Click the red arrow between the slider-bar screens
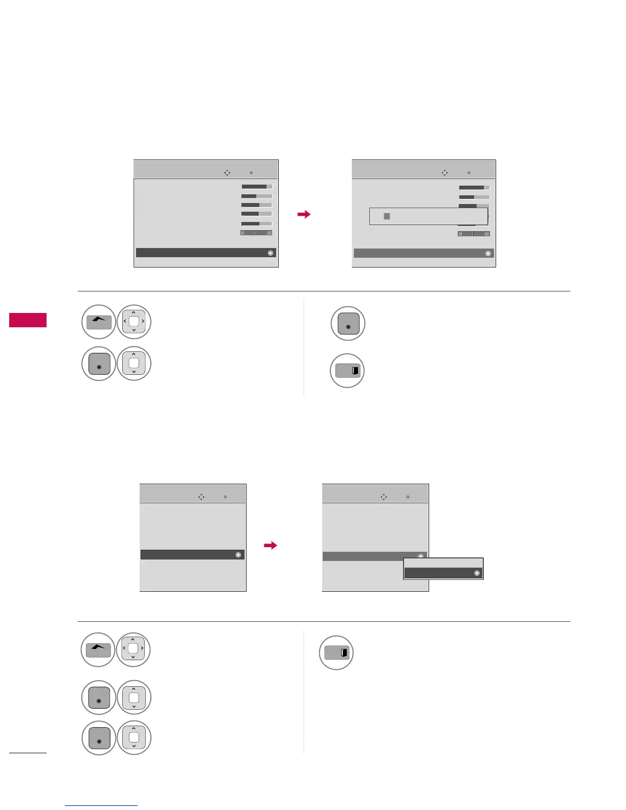(304, 215)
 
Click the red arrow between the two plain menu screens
(270, 546)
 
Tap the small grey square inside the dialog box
(387, 216)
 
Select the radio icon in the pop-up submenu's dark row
(477, 574)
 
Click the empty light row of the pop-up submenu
(443, 563)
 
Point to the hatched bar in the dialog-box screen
(474, 234)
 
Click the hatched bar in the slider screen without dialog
(256, 233)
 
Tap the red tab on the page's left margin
(28, 320)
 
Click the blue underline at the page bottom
(101, 806)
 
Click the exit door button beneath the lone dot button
(348, 371)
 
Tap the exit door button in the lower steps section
(337, 653)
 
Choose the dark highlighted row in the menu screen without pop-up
(192, 555)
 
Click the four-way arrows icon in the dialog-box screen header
(444, 173)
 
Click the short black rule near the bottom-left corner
(28, 752)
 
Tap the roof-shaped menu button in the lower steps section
(98, 650)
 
